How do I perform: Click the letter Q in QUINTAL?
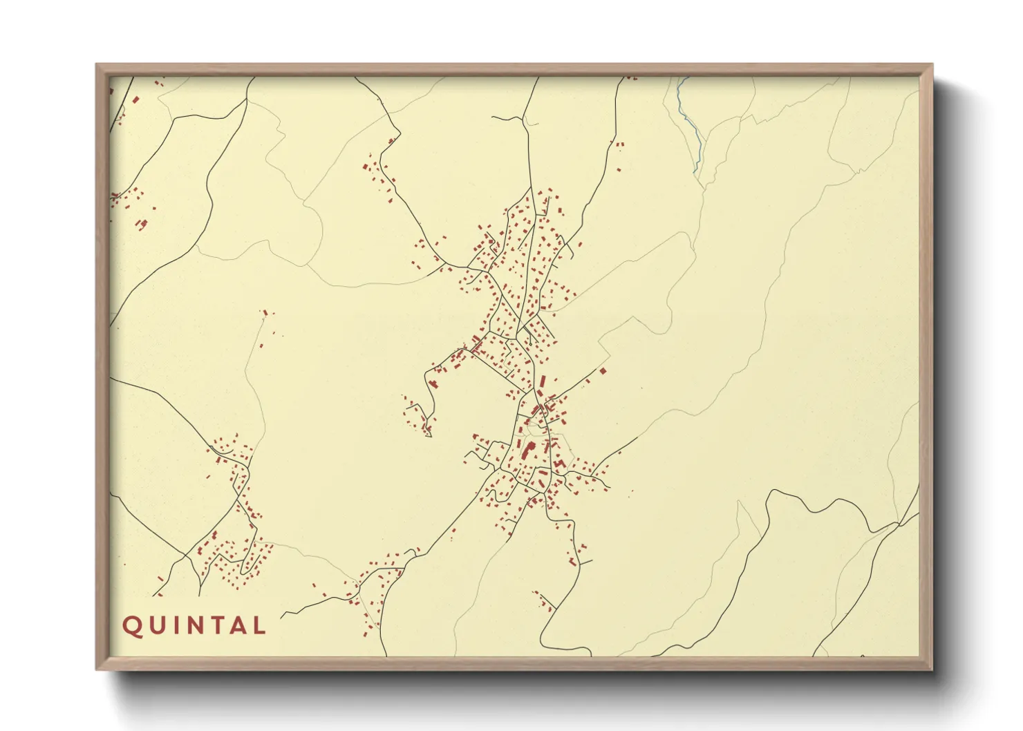(x=131, y=626)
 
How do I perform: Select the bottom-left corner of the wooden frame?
(x=97, y=668)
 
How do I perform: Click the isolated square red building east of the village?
(x=603, y=371)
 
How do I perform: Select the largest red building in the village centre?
(x=531, y=450)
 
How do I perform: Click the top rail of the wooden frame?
(x=514, y=69)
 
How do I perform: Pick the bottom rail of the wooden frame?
(x=514, y=663)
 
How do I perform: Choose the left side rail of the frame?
(x=102, y=366)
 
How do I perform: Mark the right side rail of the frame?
(x=926, y=366)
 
